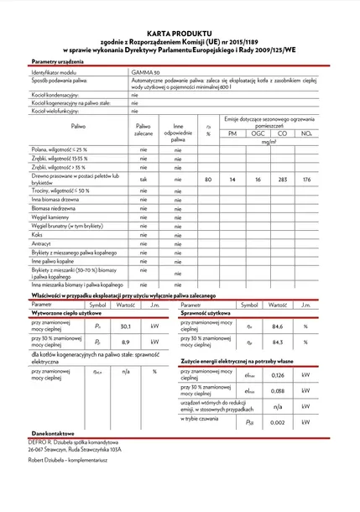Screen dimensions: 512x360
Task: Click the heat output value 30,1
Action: pyautogui.click(x=126, y=327)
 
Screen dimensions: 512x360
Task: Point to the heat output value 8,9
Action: pyautogui.click(x=126, y=342)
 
